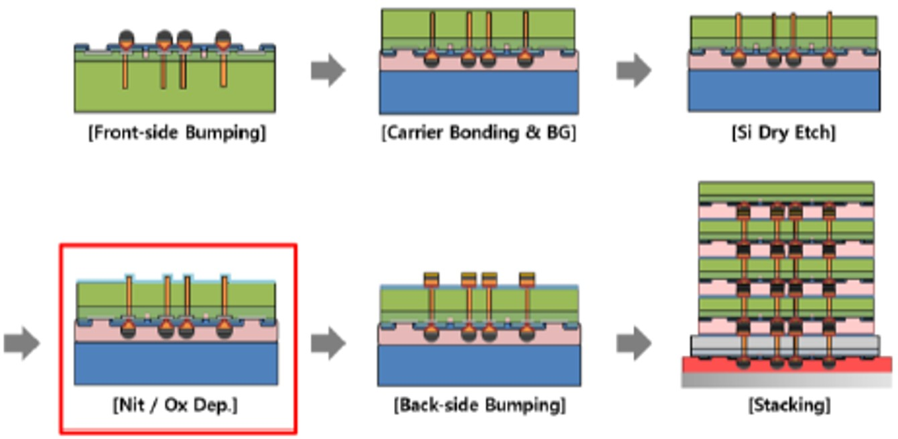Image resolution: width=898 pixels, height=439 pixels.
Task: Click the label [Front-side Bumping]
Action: click(x=177, y=133)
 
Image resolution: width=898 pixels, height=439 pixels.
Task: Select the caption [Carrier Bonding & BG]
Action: click(x=478, y=133)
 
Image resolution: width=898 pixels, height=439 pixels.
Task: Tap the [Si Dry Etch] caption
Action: click(x=783, y=133)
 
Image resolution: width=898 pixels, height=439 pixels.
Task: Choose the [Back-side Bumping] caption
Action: click(x=479, y=405)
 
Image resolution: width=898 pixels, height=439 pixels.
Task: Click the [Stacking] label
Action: click(x=789, y=405)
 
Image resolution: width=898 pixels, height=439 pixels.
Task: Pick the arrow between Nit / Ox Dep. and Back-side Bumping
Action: click(x=328, y=344)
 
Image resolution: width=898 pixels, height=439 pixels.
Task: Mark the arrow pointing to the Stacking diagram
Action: click(x=633, y=344)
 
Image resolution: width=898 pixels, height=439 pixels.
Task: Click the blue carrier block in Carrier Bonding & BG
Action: click(x=478, y=92)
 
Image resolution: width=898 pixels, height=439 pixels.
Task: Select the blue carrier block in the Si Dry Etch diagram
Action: click(x=783, y=91)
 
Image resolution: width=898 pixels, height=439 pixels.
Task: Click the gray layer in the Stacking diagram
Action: click(x=784, y=345)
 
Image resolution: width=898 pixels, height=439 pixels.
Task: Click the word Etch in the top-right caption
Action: click(x=817, y=133)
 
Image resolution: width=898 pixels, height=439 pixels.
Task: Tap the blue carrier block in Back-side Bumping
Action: click(x=479, y=365)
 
